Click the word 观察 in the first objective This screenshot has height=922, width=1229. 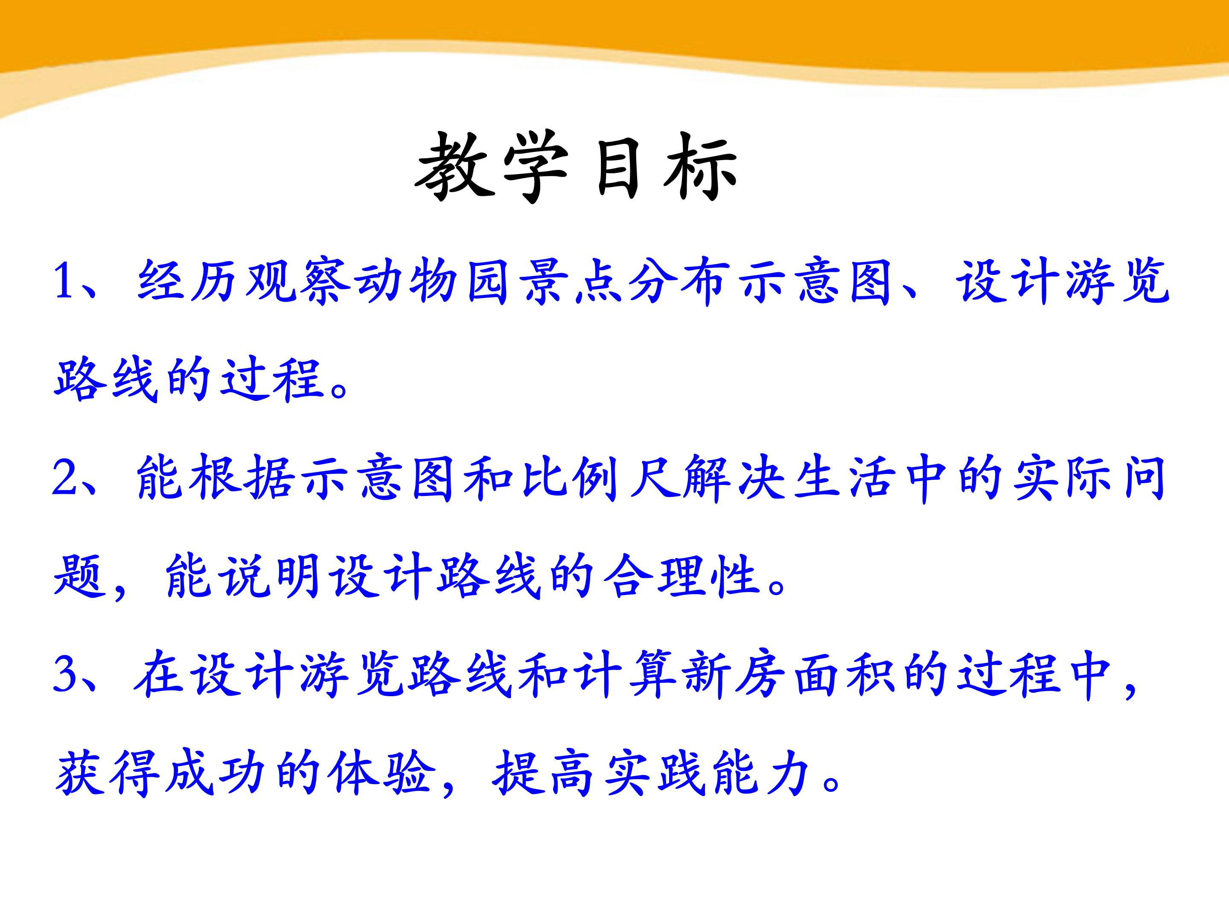[298, 281]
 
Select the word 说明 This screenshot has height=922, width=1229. [270, 576]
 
